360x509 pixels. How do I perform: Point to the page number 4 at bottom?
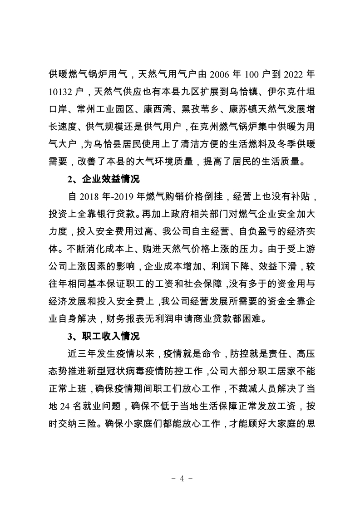tap(180, 479)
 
